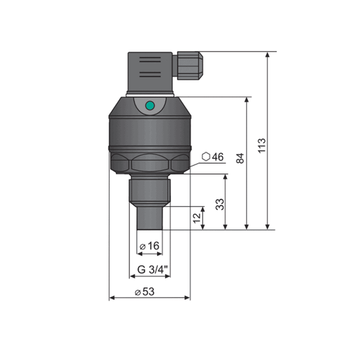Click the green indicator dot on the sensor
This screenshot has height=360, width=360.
[150, 106]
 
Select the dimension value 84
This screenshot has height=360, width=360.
[240, 158]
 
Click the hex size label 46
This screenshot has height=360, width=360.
[217, 157]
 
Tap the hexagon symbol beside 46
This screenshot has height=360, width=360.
[206, 157]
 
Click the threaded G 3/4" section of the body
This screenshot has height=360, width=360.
[149, 188]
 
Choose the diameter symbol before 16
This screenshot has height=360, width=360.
[142, 246]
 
